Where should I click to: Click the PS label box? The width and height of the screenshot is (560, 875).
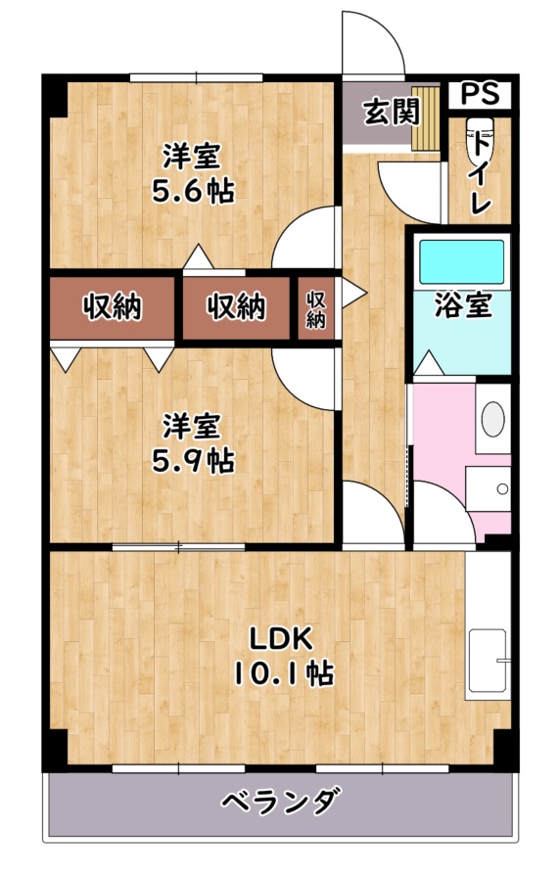click(480, 95)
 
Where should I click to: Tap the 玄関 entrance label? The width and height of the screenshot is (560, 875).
click(391, 113)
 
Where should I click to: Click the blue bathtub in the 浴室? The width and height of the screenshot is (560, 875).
click(462, 261)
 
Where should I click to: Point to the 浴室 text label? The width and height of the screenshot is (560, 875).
click(463, 304)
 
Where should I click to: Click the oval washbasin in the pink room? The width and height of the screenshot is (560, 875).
click(493, 419)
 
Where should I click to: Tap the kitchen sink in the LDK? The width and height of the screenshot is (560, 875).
click(488, 661)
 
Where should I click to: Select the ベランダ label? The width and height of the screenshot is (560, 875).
click(281, 802)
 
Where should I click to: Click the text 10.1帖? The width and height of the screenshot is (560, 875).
click(283, 673)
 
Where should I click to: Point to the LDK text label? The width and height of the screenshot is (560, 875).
click(280, 638)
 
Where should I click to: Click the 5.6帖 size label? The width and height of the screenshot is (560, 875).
click(193, 192)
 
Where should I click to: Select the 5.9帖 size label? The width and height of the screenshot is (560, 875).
click(193, 460)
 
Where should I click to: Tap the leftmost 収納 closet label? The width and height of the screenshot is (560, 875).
click(113, 307)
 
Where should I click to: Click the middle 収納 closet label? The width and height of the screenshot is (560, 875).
click(237, 307)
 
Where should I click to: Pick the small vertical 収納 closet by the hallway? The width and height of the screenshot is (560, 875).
click(315, 309)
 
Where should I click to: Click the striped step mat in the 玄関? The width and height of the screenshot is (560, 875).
click(426, 117)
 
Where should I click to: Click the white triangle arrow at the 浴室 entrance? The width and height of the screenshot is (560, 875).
click(430, 363)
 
